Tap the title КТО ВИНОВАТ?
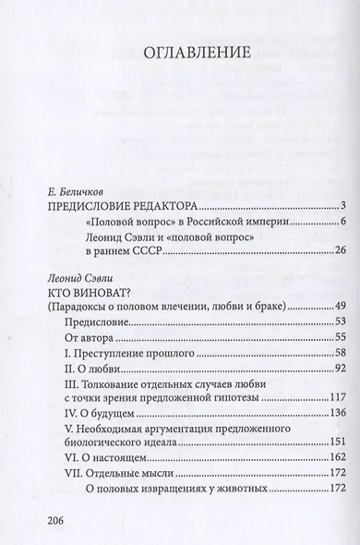coord(88,292)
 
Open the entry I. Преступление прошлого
coord(128,354)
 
